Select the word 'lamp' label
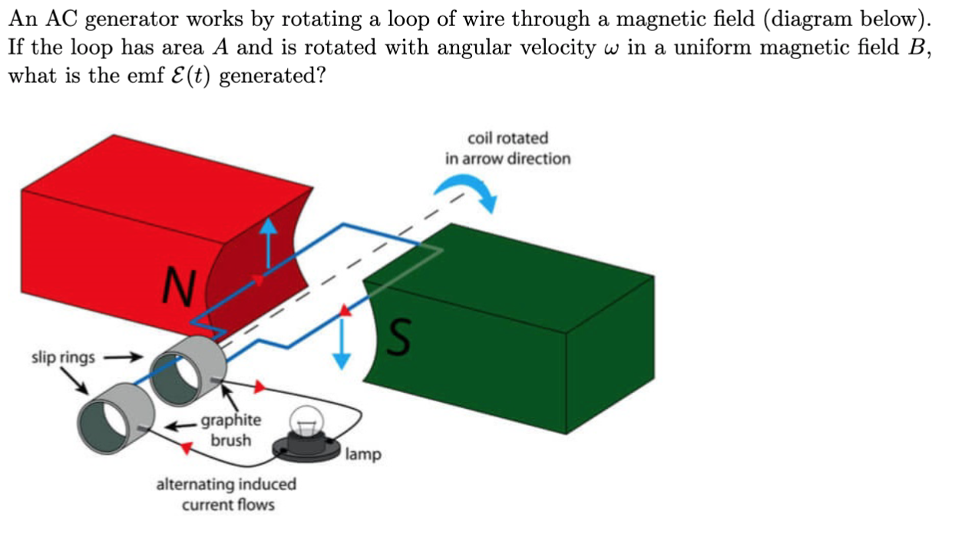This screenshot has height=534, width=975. (x=362, y=454)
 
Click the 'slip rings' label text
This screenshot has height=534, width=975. (x=63, y=357)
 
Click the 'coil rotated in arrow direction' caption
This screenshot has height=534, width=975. (x=507, y=148)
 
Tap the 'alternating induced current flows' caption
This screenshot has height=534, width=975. (x=226, y=494)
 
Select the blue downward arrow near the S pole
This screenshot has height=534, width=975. (x=342, y=342)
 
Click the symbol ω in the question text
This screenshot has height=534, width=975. (x=611, y=48)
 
